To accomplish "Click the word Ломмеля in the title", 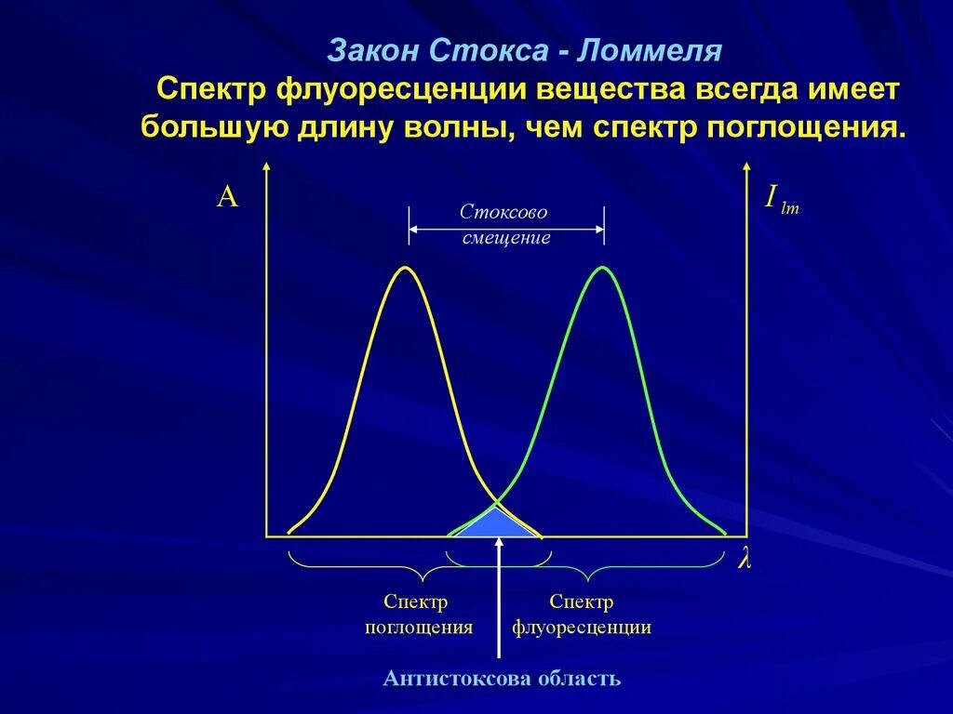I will pos(649,50).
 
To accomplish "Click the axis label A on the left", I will pos(228,196).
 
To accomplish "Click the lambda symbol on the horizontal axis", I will pos(744,562).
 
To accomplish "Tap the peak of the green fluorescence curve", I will pos(603,269).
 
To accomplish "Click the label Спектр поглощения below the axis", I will pos(418,615).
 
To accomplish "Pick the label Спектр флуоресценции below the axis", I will pos(581,615).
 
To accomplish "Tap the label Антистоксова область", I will pos(501,678).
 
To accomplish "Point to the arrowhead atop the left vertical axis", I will pos(267,167).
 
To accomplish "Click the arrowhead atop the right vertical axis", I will pos(746,167).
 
